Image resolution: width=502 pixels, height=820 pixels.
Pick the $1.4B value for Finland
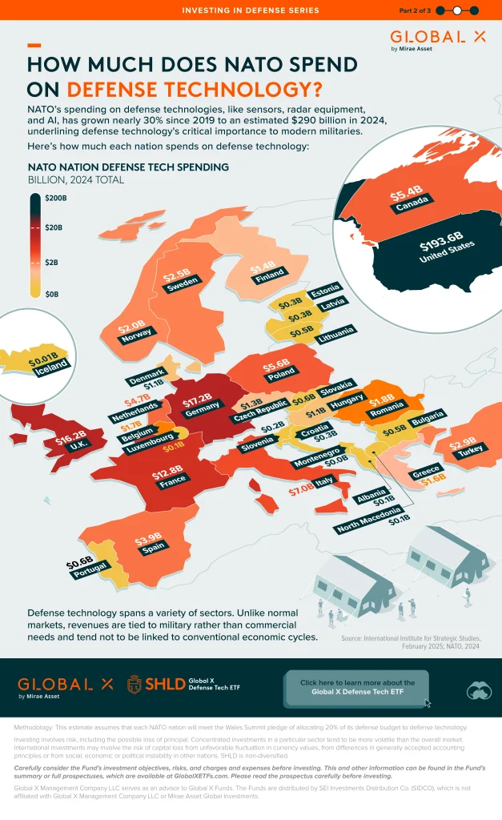[x=263, y=269]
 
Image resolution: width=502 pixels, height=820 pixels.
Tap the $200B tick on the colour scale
[x=54, y=197]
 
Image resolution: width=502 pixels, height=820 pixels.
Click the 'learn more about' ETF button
[x=357, y=687]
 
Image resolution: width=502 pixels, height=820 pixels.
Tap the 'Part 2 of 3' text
[x=415, y=10]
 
